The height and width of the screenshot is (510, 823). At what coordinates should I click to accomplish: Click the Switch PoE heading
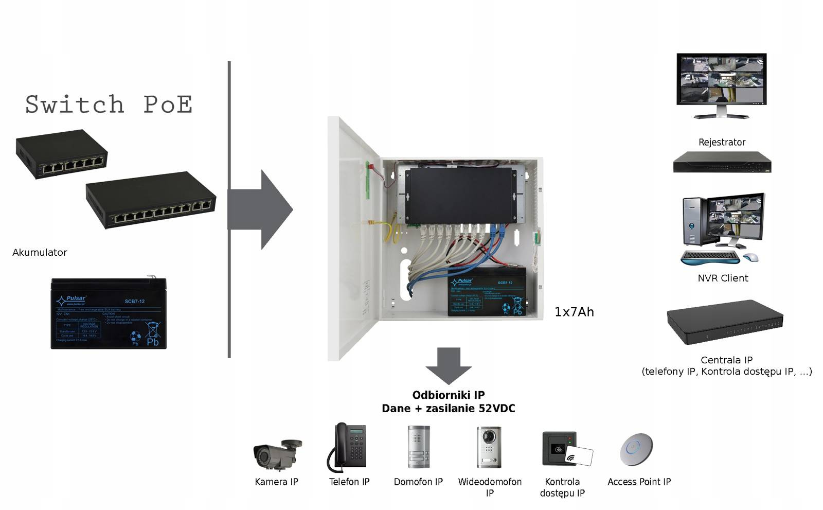click(109, 104)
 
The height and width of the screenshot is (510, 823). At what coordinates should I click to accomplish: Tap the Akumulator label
click(40, 252)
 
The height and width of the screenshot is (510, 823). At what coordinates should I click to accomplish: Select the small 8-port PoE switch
click(61, 154)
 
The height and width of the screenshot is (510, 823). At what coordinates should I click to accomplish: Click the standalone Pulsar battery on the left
click(109, 313)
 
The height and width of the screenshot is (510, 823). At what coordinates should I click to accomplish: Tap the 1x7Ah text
click(574, 312)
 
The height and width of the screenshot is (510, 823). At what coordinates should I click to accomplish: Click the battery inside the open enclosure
click(487, 292)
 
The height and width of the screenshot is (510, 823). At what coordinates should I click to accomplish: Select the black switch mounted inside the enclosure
click(459, 195)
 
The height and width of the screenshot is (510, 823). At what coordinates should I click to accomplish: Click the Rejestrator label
click(722, 142)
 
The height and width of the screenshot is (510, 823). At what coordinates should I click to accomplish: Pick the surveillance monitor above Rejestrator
click(721, 82)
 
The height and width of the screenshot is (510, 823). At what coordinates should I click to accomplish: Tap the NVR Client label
click(723, 278)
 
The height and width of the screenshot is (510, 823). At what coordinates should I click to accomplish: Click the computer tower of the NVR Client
click(693, 221)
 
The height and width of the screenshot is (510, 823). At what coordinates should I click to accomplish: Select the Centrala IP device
click(725, 322)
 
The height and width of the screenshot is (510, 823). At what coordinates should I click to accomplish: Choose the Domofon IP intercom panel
click(419, 447)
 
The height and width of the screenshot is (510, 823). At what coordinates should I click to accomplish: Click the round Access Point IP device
click(636, 449)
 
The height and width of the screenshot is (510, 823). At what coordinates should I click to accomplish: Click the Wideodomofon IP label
click(490, 487)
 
